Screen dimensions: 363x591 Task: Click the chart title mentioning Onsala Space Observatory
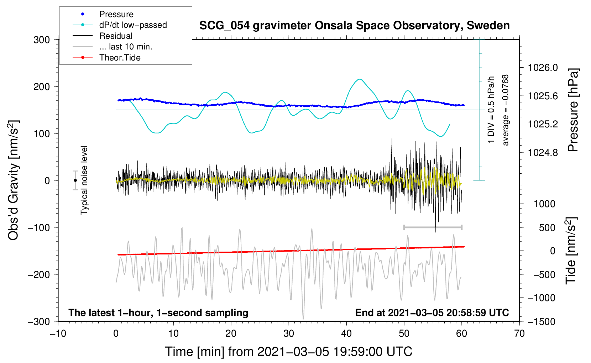[354, 26]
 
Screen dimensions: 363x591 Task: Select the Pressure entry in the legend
[116, 14]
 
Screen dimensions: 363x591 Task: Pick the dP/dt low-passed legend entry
[133, 25]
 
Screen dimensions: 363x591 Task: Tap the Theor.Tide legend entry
[120, 58]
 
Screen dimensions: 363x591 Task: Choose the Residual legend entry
[116, 36]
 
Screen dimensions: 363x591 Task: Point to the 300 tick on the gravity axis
[42, 40]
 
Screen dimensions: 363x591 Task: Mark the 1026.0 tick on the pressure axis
[543, 68]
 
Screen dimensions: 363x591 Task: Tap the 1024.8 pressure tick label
[543, 153]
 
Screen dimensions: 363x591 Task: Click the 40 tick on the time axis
[346, 333]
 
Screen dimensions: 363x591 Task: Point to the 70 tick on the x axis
[519, 333]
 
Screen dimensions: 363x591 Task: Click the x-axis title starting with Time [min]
[288, 352]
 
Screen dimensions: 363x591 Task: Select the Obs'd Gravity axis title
[13, 180]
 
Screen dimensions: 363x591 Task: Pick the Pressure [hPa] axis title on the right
[573, 110]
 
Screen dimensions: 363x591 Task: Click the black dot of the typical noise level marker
[75, 180]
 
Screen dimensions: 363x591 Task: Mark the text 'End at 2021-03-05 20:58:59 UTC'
[432, 313]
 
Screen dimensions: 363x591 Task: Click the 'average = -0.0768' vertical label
[506, 110]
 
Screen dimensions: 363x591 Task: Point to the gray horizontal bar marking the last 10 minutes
[433, 227]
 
